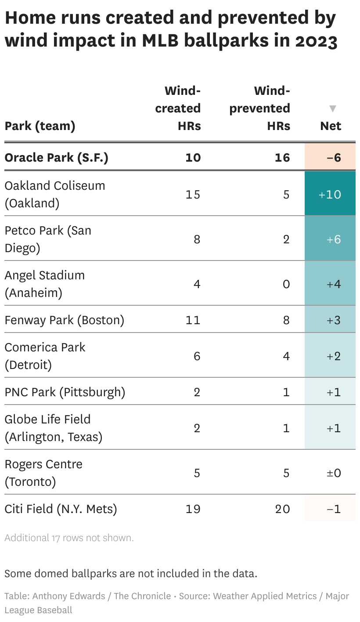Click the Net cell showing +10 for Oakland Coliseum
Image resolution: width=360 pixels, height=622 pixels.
tap(330, 194)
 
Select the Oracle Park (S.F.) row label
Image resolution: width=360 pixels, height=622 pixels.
tap(56, 157)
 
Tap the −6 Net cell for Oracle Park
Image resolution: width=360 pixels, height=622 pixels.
tap(330, 157)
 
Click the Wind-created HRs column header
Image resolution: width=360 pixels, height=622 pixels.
tap(178, 108)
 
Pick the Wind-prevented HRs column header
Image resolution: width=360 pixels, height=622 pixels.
tap(260, 108)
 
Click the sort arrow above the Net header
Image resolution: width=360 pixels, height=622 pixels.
tap(333, 108)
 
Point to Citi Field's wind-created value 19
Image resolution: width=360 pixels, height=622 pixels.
tap(193, 509)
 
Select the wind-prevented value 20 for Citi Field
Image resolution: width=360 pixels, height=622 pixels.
tap(283, 509)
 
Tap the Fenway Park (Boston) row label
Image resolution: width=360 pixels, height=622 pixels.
tap(64, 320)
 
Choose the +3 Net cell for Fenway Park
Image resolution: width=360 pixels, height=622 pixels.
tap(334, 320)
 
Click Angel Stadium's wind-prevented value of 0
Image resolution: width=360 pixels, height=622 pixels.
tap(286, 284)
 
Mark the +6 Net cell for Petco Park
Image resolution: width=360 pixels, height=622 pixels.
tap(334, 239)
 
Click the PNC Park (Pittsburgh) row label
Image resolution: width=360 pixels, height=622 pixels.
tap(65, 392)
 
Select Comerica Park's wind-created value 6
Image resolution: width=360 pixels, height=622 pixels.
tap(197, 356)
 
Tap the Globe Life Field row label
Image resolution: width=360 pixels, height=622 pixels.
tap(53, 428)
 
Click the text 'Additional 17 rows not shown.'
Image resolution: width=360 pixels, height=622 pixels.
tap(69, 538)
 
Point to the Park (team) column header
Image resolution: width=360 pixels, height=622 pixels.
tap(40, 126)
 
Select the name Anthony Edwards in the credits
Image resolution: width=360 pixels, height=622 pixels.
tap(69, 596)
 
